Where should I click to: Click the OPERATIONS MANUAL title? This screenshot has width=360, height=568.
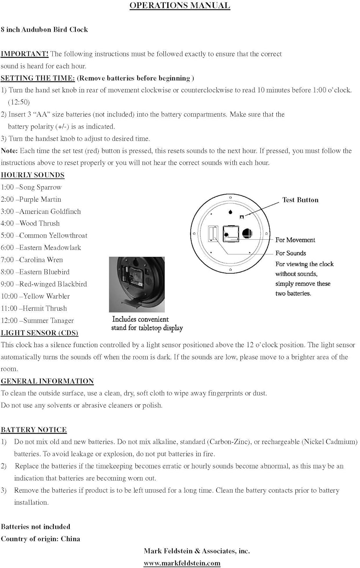(180, 6)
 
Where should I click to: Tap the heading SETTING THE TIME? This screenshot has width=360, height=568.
(38, 78)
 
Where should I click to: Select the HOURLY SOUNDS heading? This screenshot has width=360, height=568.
(33, 175)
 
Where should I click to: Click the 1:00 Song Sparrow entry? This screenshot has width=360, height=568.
(31, 187)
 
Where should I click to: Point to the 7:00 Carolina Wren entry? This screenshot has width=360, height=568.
(32, 260)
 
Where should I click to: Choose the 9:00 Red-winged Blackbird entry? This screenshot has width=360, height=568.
(44, 284)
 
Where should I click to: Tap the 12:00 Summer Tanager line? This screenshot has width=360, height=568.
(37, 320)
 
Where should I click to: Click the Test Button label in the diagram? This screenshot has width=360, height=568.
(300, 200)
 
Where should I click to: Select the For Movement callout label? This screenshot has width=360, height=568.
(295, 240)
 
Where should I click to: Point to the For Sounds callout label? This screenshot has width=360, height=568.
(291, 253)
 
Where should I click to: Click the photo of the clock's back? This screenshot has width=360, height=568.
(137, 284)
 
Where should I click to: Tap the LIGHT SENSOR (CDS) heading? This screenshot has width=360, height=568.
(39, 333)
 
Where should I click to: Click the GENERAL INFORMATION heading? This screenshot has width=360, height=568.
(47, 381)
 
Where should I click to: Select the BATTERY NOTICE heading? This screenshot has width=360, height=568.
(34, 429)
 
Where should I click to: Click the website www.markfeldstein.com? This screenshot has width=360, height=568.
(182, 563)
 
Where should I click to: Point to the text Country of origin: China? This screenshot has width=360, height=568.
(40, 539)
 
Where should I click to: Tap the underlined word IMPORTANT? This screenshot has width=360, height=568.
(24, 54)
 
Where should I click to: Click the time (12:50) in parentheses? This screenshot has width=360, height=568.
(19, 102)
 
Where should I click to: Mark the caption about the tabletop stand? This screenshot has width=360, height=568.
(147, 323)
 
